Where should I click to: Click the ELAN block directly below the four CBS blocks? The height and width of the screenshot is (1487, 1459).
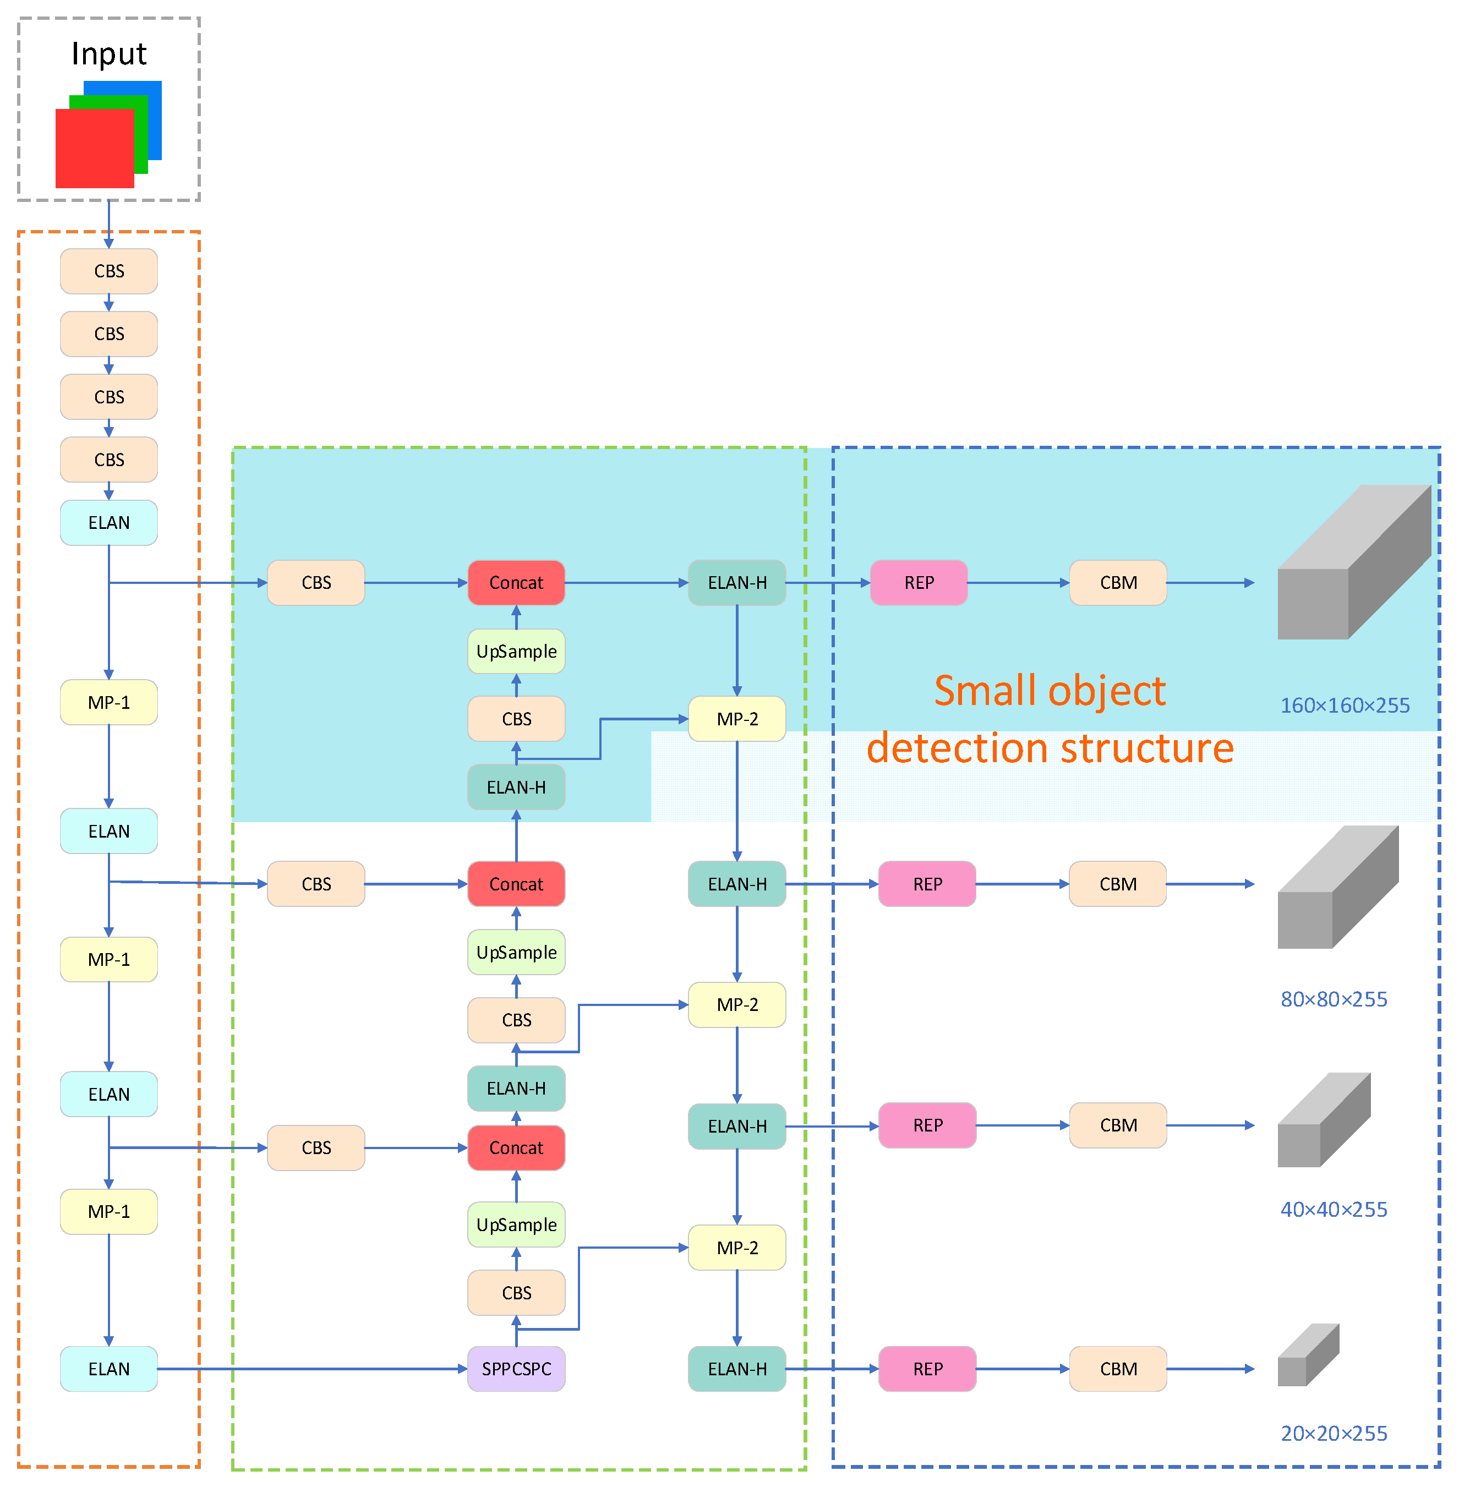[109, 522]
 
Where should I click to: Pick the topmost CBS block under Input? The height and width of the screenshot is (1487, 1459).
[109, 271]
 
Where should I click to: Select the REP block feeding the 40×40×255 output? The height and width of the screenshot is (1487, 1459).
[927, 1125]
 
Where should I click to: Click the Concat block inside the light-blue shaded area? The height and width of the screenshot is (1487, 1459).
[516, 583]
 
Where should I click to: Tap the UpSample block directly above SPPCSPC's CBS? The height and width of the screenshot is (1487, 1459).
[516, 1224]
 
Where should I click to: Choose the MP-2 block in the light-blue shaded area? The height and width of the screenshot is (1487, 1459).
[736, 719]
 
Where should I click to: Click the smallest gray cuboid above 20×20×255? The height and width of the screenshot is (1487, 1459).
[1307, 1356]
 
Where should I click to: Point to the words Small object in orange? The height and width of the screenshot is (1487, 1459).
[1049, 691]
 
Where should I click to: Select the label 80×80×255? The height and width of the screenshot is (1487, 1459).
[1334, 999]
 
